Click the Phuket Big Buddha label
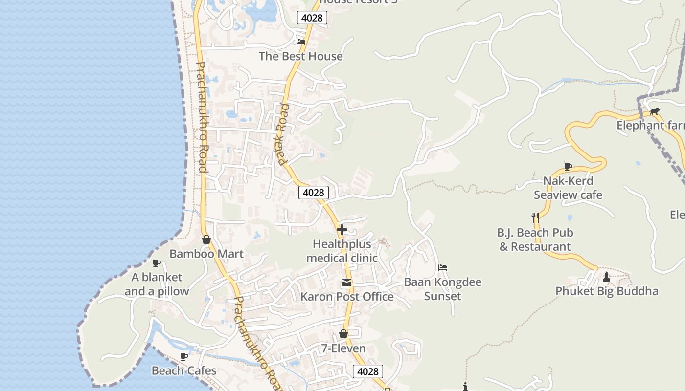(607, 291)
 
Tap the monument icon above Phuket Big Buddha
(607, 277)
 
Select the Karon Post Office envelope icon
(347, 282)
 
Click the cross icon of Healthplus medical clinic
(342, 229)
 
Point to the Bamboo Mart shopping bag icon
(206, 239)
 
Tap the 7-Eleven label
(343, 348)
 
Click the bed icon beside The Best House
(301, 42)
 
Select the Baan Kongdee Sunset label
(442, 289)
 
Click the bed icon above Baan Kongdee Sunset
(443, 268)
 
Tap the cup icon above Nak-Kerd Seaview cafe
(568, 167)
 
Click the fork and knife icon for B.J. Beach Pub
(535, 217)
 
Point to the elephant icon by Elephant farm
(655, 111)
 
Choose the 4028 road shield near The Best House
(312, 18)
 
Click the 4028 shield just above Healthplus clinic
(313, 193)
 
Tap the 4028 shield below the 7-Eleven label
(367, 371)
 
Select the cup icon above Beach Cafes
(184, 356)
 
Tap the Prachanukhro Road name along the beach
(202, 117)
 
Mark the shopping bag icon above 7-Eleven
(343, 334)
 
